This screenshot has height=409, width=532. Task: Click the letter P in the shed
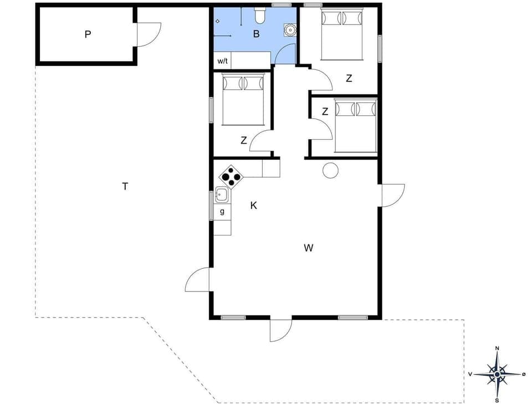pyautogui.click(x=88, y=34)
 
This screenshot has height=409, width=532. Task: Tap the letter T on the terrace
pyautogui.click(x=125, y=186)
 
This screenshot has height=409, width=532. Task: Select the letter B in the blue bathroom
pyautogui.click(x=256, y=34)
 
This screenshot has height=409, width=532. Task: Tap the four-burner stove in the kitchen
pyautogui.click(x=231, y=177)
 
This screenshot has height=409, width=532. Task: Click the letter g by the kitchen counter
pyautogui.click(x=222, y=211)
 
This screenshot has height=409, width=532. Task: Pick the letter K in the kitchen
pyautogui.click(x=254, y=206)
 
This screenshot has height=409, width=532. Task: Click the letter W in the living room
pyautogui.click(x=309, y=248)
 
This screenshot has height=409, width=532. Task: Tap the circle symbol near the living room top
pyautogui.click(x=330, y=170)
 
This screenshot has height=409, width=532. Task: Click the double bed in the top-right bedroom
pyautogui.click(x=342, y=34)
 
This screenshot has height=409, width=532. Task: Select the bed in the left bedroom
pyautogui.click(x=243, y=99)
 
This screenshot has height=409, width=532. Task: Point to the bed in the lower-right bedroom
pyautogui.click(x=356, y=125)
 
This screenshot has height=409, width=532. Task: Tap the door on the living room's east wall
pyautogui.click(x=392, y=195)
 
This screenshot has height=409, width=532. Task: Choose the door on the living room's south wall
pyautogui.click(x=280, y=329)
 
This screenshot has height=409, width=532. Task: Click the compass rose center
pyautogui.click(x=497, y=374)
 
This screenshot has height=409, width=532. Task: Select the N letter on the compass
pyautogui.click(x=497, y=348)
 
